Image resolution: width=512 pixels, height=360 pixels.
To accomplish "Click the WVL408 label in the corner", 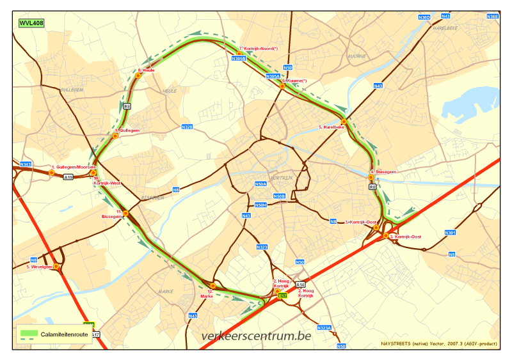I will [31, 23].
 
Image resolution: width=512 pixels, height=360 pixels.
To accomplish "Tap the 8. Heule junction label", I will [147, 70].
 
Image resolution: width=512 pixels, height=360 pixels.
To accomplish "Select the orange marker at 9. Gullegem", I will [116, 136].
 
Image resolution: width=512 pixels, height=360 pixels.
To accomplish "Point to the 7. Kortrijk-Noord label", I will [259, 49].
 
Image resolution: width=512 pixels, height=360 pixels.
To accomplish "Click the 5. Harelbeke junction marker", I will [344, 121].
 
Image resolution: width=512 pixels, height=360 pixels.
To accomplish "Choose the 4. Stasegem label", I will [384, 172].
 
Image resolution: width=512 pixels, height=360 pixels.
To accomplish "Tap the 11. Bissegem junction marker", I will [125, 213].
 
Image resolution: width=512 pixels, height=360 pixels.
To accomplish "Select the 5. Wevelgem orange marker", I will [56, 266].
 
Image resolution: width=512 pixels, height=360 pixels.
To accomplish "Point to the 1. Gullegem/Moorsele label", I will [74, 167].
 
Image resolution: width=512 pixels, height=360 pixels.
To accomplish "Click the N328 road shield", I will [187, 127].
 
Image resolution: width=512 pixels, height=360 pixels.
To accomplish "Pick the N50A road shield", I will [260, 184].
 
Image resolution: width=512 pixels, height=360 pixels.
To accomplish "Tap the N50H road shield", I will [260, 205].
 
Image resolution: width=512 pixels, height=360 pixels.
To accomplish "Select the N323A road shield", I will [325, 329].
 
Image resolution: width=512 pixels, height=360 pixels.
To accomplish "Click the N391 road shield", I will [451, 233].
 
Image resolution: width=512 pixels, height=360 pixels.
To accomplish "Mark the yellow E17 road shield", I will [284, 296].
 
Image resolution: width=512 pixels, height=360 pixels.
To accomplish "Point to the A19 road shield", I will [68, 177].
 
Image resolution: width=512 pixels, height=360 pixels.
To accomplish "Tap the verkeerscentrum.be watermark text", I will [256, 336].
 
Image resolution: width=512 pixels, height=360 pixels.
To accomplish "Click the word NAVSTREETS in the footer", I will [397, 344].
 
